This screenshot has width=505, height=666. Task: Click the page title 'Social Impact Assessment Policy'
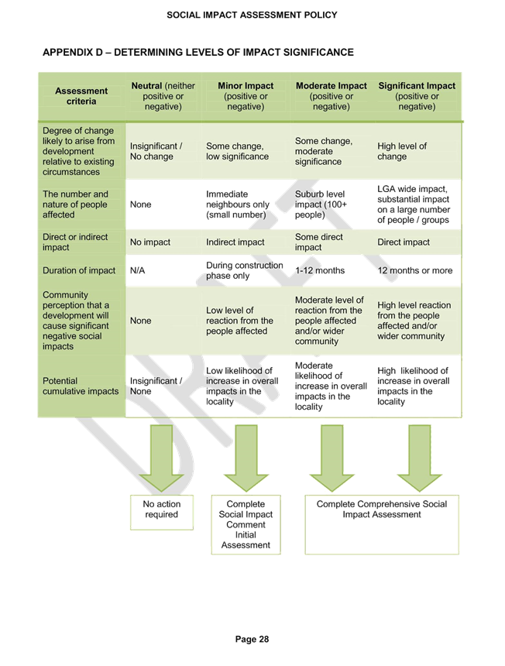tap(252, 15)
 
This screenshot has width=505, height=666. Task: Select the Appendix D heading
tap(198, 52)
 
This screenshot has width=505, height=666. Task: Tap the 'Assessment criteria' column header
tap(81, 96)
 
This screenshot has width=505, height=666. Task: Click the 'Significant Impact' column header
tap(417, 96)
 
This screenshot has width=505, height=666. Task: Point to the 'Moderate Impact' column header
tap(332, 96)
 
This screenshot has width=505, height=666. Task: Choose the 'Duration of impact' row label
tap(79, 270)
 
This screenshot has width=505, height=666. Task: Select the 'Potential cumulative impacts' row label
tap(81, 386)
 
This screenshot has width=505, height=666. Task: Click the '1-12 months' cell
tap(320, 270)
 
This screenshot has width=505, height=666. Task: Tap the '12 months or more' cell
tap(415, 270)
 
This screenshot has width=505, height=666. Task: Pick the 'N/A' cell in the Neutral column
tap(138, 270)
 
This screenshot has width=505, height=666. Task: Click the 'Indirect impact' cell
tap(235, 242)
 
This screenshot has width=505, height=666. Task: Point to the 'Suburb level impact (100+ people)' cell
tap(321, 204)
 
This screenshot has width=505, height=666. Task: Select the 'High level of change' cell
tap(402, 151)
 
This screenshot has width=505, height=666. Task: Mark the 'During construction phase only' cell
tap(245, 270)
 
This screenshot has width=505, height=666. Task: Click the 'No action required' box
tap(162, 512)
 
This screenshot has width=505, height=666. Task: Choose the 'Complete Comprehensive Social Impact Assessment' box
tap(382, 524)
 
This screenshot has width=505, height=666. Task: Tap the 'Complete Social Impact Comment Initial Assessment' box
tap(246, 524)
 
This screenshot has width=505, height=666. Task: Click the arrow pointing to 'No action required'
tap(161, 458)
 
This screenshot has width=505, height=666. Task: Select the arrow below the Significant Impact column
tap(420, 458)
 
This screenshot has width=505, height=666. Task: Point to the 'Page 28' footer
tap(252, 639)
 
